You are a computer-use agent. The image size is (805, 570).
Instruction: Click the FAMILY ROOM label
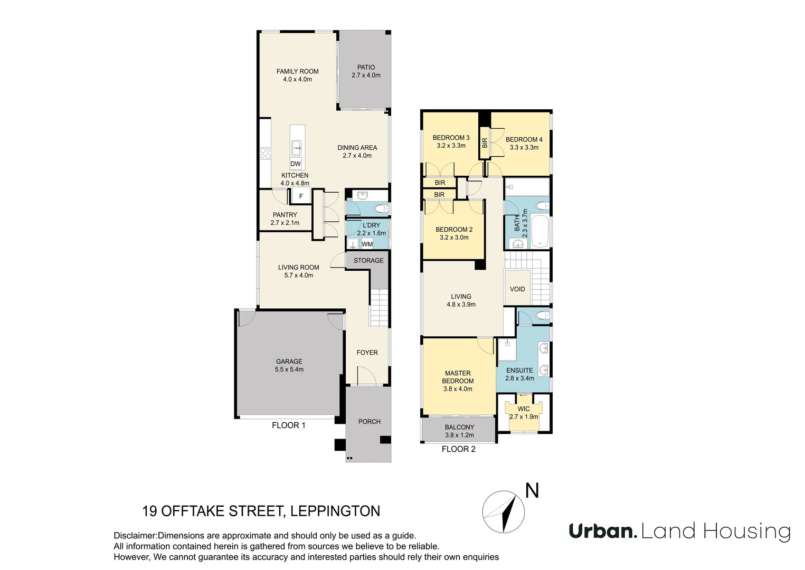pos(297,71)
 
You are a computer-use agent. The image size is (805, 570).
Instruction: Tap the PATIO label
pos(366,67)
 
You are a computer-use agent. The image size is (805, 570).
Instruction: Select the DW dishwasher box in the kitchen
pos(296,164)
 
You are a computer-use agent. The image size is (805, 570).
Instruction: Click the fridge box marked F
pos(301,196)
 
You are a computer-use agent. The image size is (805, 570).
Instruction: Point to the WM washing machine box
pos(367,244)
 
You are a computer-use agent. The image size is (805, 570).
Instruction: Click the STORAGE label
pos(368,261)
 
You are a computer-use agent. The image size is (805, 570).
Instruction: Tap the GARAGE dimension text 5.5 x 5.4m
pos(289,369)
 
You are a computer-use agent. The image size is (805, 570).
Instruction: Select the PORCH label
pos(369,422)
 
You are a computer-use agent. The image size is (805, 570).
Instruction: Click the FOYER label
pos(367,353)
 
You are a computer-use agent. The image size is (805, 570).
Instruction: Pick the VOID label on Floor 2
pos(517,289)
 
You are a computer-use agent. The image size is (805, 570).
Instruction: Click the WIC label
pos(524,409)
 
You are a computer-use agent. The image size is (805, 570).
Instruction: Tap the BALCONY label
pos(459,427)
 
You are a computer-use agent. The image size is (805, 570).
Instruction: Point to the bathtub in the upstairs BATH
pos(540,231)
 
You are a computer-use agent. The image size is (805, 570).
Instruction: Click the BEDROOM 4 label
pos(524,140)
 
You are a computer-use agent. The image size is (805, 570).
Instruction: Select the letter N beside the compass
pos(532,491)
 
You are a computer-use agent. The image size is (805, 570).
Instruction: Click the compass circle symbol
pos(504,512)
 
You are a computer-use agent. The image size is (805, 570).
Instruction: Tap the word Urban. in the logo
pos(603,531)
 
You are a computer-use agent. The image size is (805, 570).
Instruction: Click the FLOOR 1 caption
pos(288,425)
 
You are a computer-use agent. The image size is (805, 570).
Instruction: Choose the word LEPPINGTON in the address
pos(335,511)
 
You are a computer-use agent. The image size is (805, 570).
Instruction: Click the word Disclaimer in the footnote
pos(135,536)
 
